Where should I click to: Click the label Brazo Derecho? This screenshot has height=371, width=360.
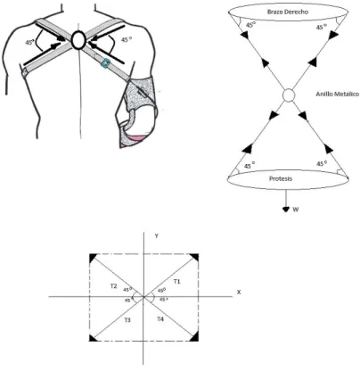coord(288,12)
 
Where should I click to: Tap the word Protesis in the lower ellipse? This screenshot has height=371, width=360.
coord(281,178)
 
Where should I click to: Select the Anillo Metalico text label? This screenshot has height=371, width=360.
coord(338,94)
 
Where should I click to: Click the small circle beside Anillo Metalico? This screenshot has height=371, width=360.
coord(288,95)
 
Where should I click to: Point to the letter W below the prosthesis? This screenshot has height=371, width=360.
coord(295,210)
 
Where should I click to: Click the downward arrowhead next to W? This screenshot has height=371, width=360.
coord(286,210)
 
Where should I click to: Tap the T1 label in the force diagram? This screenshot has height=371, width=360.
coord(176,281)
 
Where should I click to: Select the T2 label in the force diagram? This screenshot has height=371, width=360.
coord(113,286)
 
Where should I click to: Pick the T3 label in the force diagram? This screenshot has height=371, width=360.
coord(127,320)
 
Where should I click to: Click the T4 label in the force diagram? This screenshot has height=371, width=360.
coord(160,319)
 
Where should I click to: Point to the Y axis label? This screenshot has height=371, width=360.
coord(156,236)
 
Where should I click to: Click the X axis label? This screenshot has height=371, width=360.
coord(239,293)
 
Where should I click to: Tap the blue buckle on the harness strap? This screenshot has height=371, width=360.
coord(106,63)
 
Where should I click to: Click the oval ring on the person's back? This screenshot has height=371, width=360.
coord(78,40)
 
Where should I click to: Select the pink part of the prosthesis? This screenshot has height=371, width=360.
coord(137,137)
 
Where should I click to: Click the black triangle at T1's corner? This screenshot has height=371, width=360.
coord(195,257)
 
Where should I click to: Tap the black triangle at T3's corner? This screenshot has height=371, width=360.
coord(93,338)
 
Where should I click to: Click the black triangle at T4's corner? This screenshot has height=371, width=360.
coord(195,337)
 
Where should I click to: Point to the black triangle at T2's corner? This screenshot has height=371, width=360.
coord(93,257)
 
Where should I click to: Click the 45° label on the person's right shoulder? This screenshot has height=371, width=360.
coord(126,39)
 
